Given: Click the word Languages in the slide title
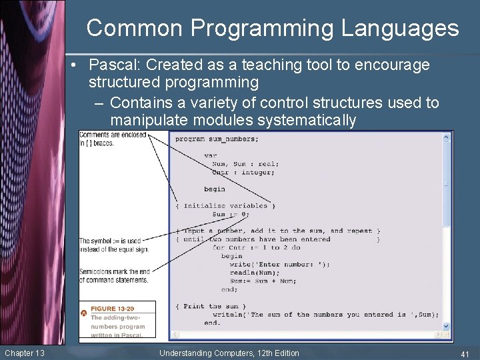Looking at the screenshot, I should pos(400,29).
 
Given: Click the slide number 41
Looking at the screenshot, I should pos(465,353).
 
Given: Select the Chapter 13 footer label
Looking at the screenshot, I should pos(25,353).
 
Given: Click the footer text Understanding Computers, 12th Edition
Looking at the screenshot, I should pos(229,353).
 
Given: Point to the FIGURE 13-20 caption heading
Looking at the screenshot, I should pos(112,309).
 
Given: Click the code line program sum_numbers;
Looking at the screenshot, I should pos(217,139).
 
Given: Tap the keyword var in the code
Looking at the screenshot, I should pos(211,155).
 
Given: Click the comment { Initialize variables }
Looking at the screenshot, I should pos(225,206).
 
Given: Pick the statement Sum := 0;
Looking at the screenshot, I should pos(230,215).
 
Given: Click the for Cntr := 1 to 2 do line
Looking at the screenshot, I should pos(256,247).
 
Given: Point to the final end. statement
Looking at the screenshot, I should pos(212,323).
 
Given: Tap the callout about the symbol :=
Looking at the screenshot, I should pos(113,245).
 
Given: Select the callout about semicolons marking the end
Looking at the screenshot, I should pos(114,275).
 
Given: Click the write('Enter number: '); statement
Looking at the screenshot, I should pos(279,264).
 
